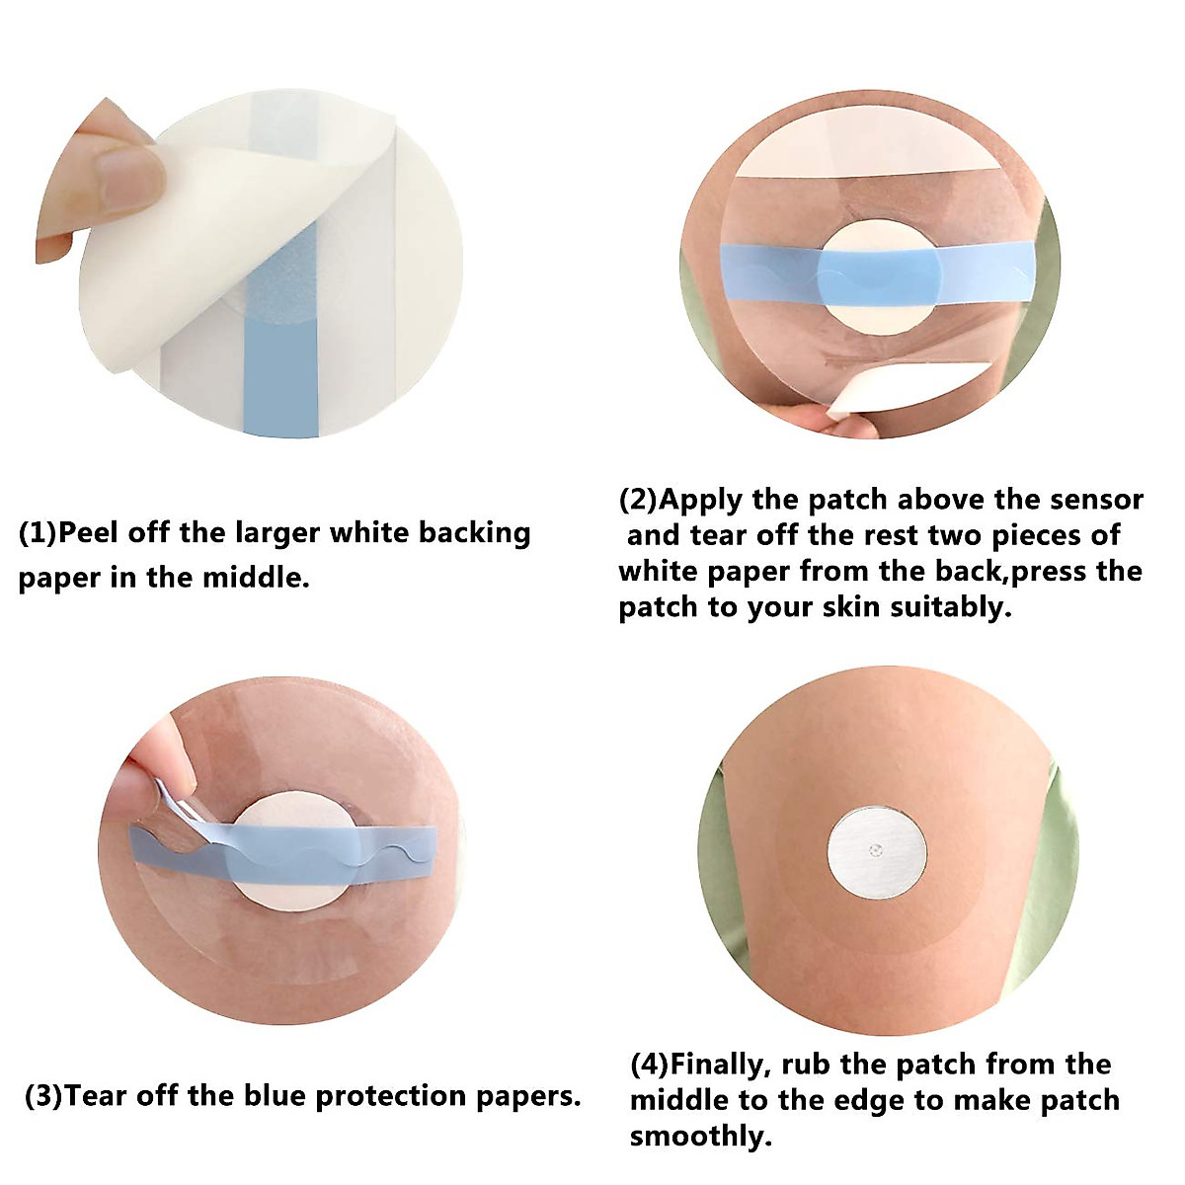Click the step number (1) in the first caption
[38, 534]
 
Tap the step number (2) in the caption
[637, 500]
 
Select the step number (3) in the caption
[43, 1096]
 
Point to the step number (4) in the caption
[649, 1065]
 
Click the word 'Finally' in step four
[721, 1065]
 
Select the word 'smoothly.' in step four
[701, 1136]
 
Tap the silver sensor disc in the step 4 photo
[877, 851]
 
